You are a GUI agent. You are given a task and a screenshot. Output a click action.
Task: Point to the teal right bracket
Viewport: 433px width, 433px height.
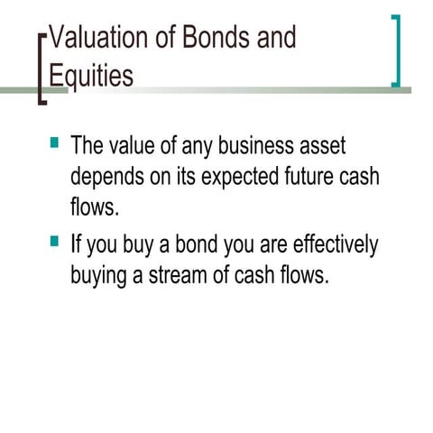396,51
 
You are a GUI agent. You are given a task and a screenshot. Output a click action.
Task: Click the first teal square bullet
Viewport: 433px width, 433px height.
55,143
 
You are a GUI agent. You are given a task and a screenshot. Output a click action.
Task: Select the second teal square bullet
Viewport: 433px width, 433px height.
55,241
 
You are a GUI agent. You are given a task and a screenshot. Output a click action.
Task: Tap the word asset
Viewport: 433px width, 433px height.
322,146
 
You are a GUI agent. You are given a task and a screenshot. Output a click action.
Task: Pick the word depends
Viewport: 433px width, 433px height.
108,177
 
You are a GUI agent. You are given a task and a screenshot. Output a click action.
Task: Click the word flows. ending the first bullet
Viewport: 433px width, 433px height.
95,207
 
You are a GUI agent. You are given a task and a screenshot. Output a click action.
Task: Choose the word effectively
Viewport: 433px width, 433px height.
336,244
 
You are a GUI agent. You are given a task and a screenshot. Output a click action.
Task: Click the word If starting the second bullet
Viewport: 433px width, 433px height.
76,244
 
